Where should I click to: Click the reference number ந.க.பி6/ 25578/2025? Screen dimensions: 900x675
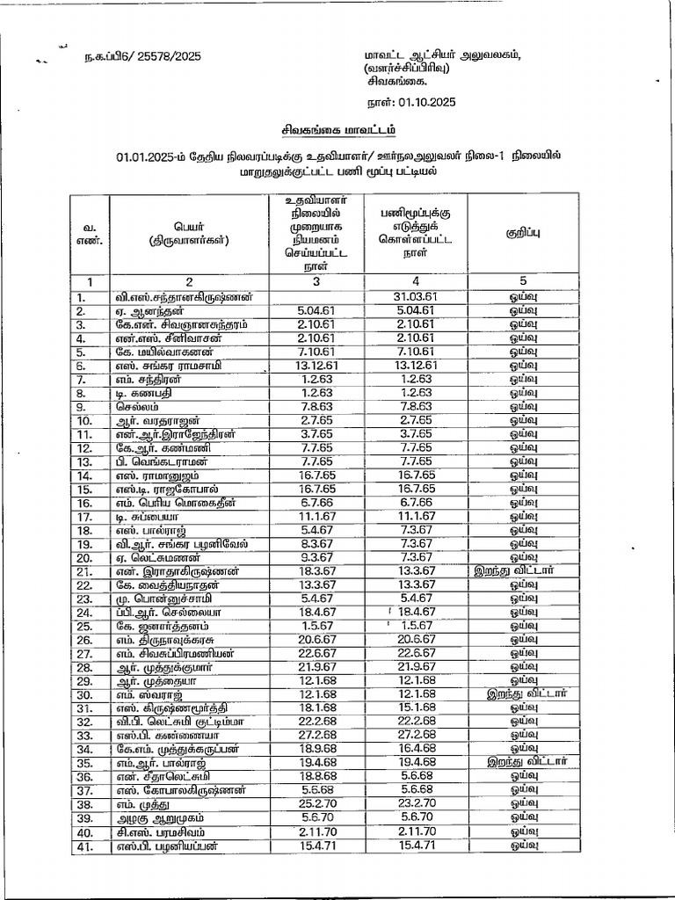tap(143, 56)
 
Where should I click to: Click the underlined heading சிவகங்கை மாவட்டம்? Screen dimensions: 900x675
tap(338, 129)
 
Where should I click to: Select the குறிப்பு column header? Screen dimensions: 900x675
tap(523, 233)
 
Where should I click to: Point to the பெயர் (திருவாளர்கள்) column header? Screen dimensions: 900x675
tap(188, 233)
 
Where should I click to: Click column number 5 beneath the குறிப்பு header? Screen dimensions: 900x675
tap(523, 282)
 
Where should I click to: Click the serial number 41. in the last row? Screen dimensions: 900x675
tap(85, 846)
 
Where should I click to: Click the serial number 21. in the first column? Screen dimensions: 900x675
tap(85, 571)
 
